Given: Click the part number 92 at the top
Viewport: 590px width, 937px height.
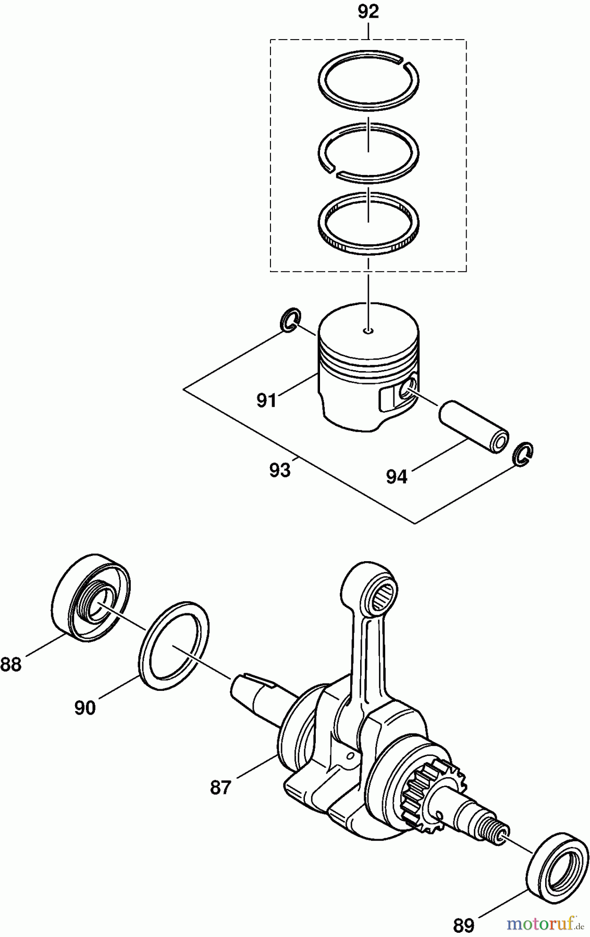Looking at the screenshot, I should click(x=368, y=12).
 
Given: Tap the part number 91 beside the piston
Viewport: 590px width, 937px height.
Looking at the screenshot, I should click(x=266, y=400).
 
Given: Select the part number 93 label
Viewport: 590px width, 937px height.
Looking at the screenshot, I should click(x=280, y=471).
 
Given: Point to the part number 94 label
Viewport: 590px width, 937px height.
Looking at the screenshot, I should click(x=397, y=476).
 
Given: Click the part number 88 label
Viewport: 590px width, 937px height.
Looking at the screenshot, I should click(x=11, y=665).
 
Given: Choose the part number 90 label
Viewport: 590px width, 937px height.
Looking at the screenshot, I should click(x=85, y=708).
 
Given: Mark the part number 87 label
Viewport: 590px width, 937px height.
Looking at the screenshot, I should click(x=220, y=788).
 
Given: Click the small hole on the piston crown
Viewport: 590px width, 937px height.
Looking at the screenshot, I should click(x=368, y=330).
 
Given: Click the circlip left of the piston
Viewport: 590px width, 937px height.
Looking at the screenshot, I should click(x=290, y=320).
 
